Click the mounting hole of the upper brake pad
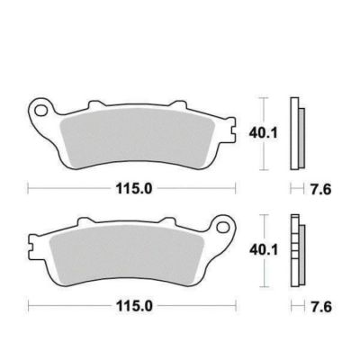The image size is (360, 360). pos(40,110)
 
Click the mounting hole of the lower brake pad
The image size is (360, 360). pos(223,227)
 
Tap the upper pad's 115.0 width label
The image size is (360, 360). pos(134,189)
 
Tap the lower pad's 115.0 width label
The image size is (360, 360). pos(134,306)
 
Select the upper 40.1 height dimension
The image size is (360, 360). pos(263,133)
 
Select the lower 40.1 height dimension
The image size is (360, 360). pos(263,250)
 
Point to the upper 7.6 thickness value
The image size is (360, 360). pos(320,189)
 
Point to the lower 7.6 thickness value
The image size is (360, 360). pos(320,307)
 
